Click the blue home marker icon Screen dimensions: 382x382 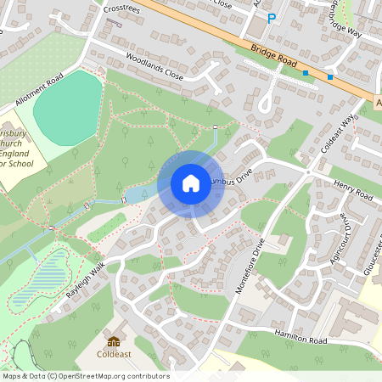pyautogui.click(x=190, y=183)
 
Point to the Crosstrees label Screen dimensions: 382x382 pyautogui.click(x=120, y=8)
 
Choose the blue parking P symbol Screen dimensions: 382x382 pyautogui.click(x=272, y=18)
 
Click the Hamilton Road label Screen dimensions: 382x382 pyautogui.click(x=301, y=337)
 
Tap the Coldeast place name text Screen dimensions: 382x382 pyautogui.click(x=114, y=354)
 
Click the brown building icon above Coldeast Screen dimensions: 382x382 pyautogui.click(x=114, y=340)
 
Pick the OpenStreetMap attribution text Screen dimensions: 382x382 pyautogui.click(x=85, y=376)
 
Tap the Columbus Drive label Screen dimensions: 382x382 pyautogui.click(x=229, y=181)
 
